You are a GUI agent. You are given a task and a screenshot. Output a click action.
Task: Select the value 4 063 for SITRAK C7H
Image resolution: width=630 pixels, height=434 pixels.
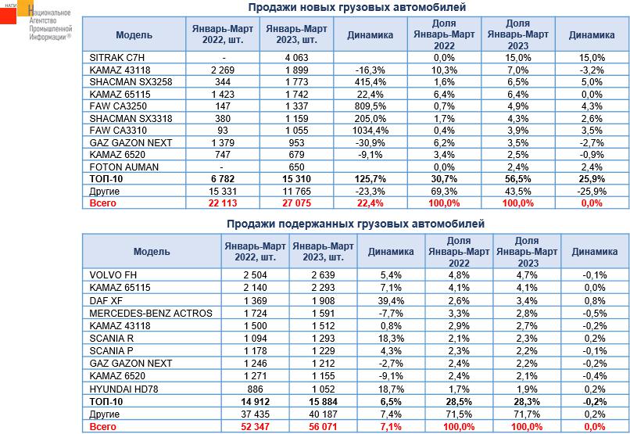click(296, 58)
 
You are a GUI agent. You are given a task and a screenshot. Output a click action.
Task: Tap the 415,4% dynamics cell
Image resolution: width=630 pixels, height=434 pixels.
click(370, 82)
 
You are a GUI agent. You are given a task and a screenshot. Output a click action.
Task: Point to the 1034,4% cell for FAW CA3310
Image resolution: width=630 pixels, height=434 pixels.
click(370, 131)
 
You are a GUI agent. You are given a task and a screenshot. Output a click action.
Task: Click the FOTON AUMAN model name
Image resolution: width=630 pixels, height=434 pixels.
click(124, 167)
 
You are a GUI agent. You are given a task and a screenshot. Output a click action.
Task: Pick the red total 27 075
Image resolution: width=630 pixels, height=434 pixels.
click(296, 203)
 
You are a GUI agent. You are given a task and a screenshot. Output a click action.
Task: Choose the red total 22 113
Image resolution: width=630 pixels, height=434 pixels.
click(223, 203)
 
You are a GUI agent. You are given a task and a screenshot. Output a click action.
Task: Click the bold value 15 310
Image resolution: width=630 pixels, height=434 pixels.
click(296, 179)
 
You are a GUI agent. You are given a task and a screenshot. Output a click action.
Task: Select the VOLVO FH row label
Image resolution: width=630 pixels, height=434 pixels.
click(113, 275)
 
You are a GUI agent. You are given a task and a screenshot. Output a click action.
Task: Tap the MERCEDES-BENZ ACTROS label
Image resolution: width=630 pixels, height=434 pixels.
click(151, 313)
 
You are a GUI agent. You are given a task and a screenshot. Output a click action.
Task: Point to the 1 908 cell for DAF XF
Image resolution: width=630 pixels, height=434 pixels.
click(323, 300)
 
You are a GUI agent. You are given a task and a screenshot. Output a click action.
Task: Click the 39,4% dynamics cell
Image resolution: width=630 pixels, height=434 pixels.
click(391, 300)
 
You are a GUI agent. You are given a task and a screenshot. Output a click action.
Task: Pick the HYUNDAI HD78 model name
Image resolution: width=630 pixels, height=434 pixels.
click(123, 389)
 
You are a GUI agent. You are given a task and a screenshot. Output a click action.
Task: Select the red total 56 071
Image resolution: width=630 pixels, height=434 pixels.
click(323, 426)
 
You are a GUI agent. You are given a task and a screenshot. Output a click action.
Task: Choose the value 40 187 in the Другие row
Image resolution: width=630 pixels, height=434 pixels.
click(323, 414)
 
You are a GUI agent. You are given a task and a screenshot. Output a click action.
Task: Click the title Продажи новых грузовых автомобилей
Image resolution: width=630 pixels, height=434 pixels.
click(356, 7)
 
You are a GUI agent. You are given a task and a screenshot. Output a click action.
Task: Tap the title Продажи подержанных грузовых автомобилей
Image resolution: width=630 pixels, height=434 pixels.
click(356, 224)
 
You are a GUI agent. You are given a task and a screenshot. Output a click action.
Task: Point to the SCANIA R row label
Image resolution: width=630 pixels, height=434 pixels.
click(111, 339)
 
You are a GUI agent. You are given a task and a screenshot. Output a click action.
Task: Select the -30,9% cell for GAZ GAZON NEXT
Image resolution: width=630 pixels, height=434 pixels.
click(370, 142)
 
